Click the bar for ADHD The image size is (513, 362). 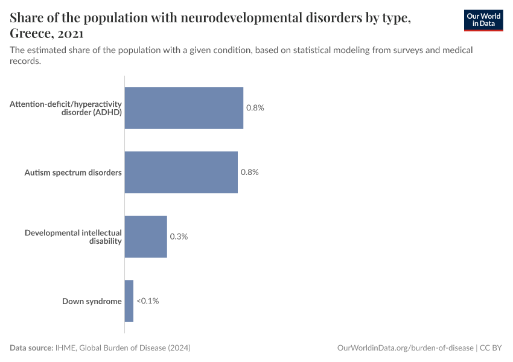click(x=183, y=108)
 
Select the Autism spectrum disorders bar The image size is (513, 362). click(x=181, y=173)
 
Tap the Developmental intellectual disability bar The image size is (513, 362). click(x=145, y=237)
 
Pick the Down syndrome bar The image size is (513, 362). click(x=129, y=301)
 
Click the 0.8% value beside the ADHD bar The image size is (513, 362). click(x=255, y=108)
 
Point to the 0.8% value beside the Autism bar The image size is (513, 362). click(x=249, y=173)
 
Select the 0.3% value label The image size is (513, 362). click(x=179, y=237)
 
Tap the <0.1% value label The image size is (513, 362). click(x=148, y=301)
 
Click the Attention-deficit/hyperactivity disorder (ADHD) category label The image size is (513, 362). click(x=66, y=108)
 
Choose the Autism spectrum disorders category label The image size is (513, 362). click(x=73, y=173)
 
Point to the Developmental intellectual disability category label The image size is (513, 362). click(x=73, y=237)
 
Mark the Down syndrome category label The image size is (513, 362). click(x=92, y=301)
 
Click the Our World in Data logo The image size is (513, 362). click(x=483, y=20)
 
